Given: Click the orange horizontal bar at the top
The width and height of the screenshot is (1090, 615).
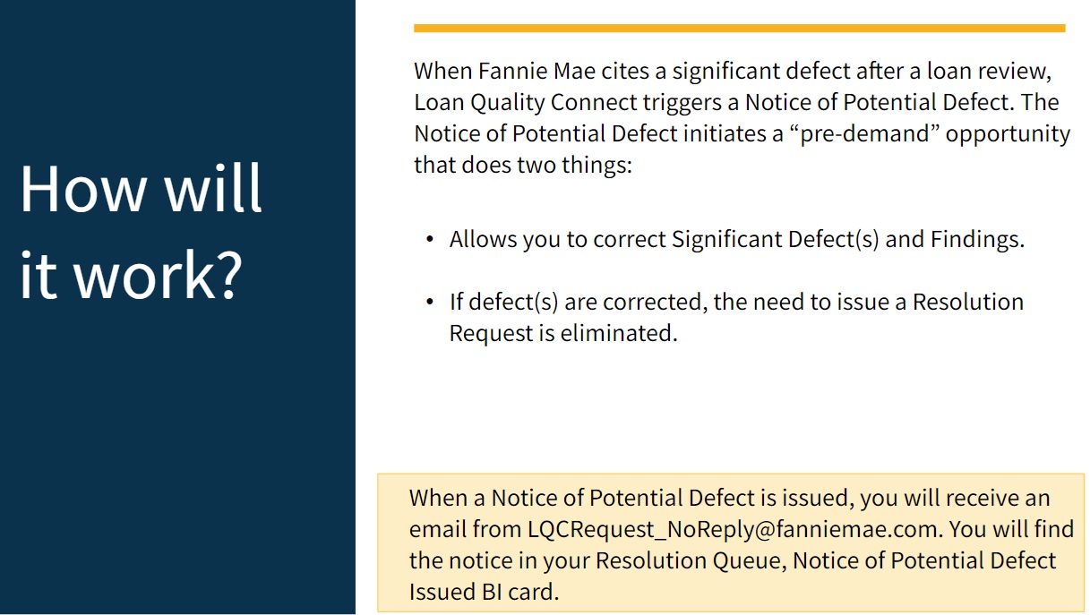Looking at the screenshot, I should (x=739, y=29).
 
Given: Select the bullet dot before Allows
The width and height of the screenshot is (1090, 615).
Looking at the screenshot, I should (x=430, y=240).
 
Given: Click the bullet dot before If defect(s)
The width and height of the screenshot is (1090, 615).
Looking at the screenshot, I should (x=430, y=302).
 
